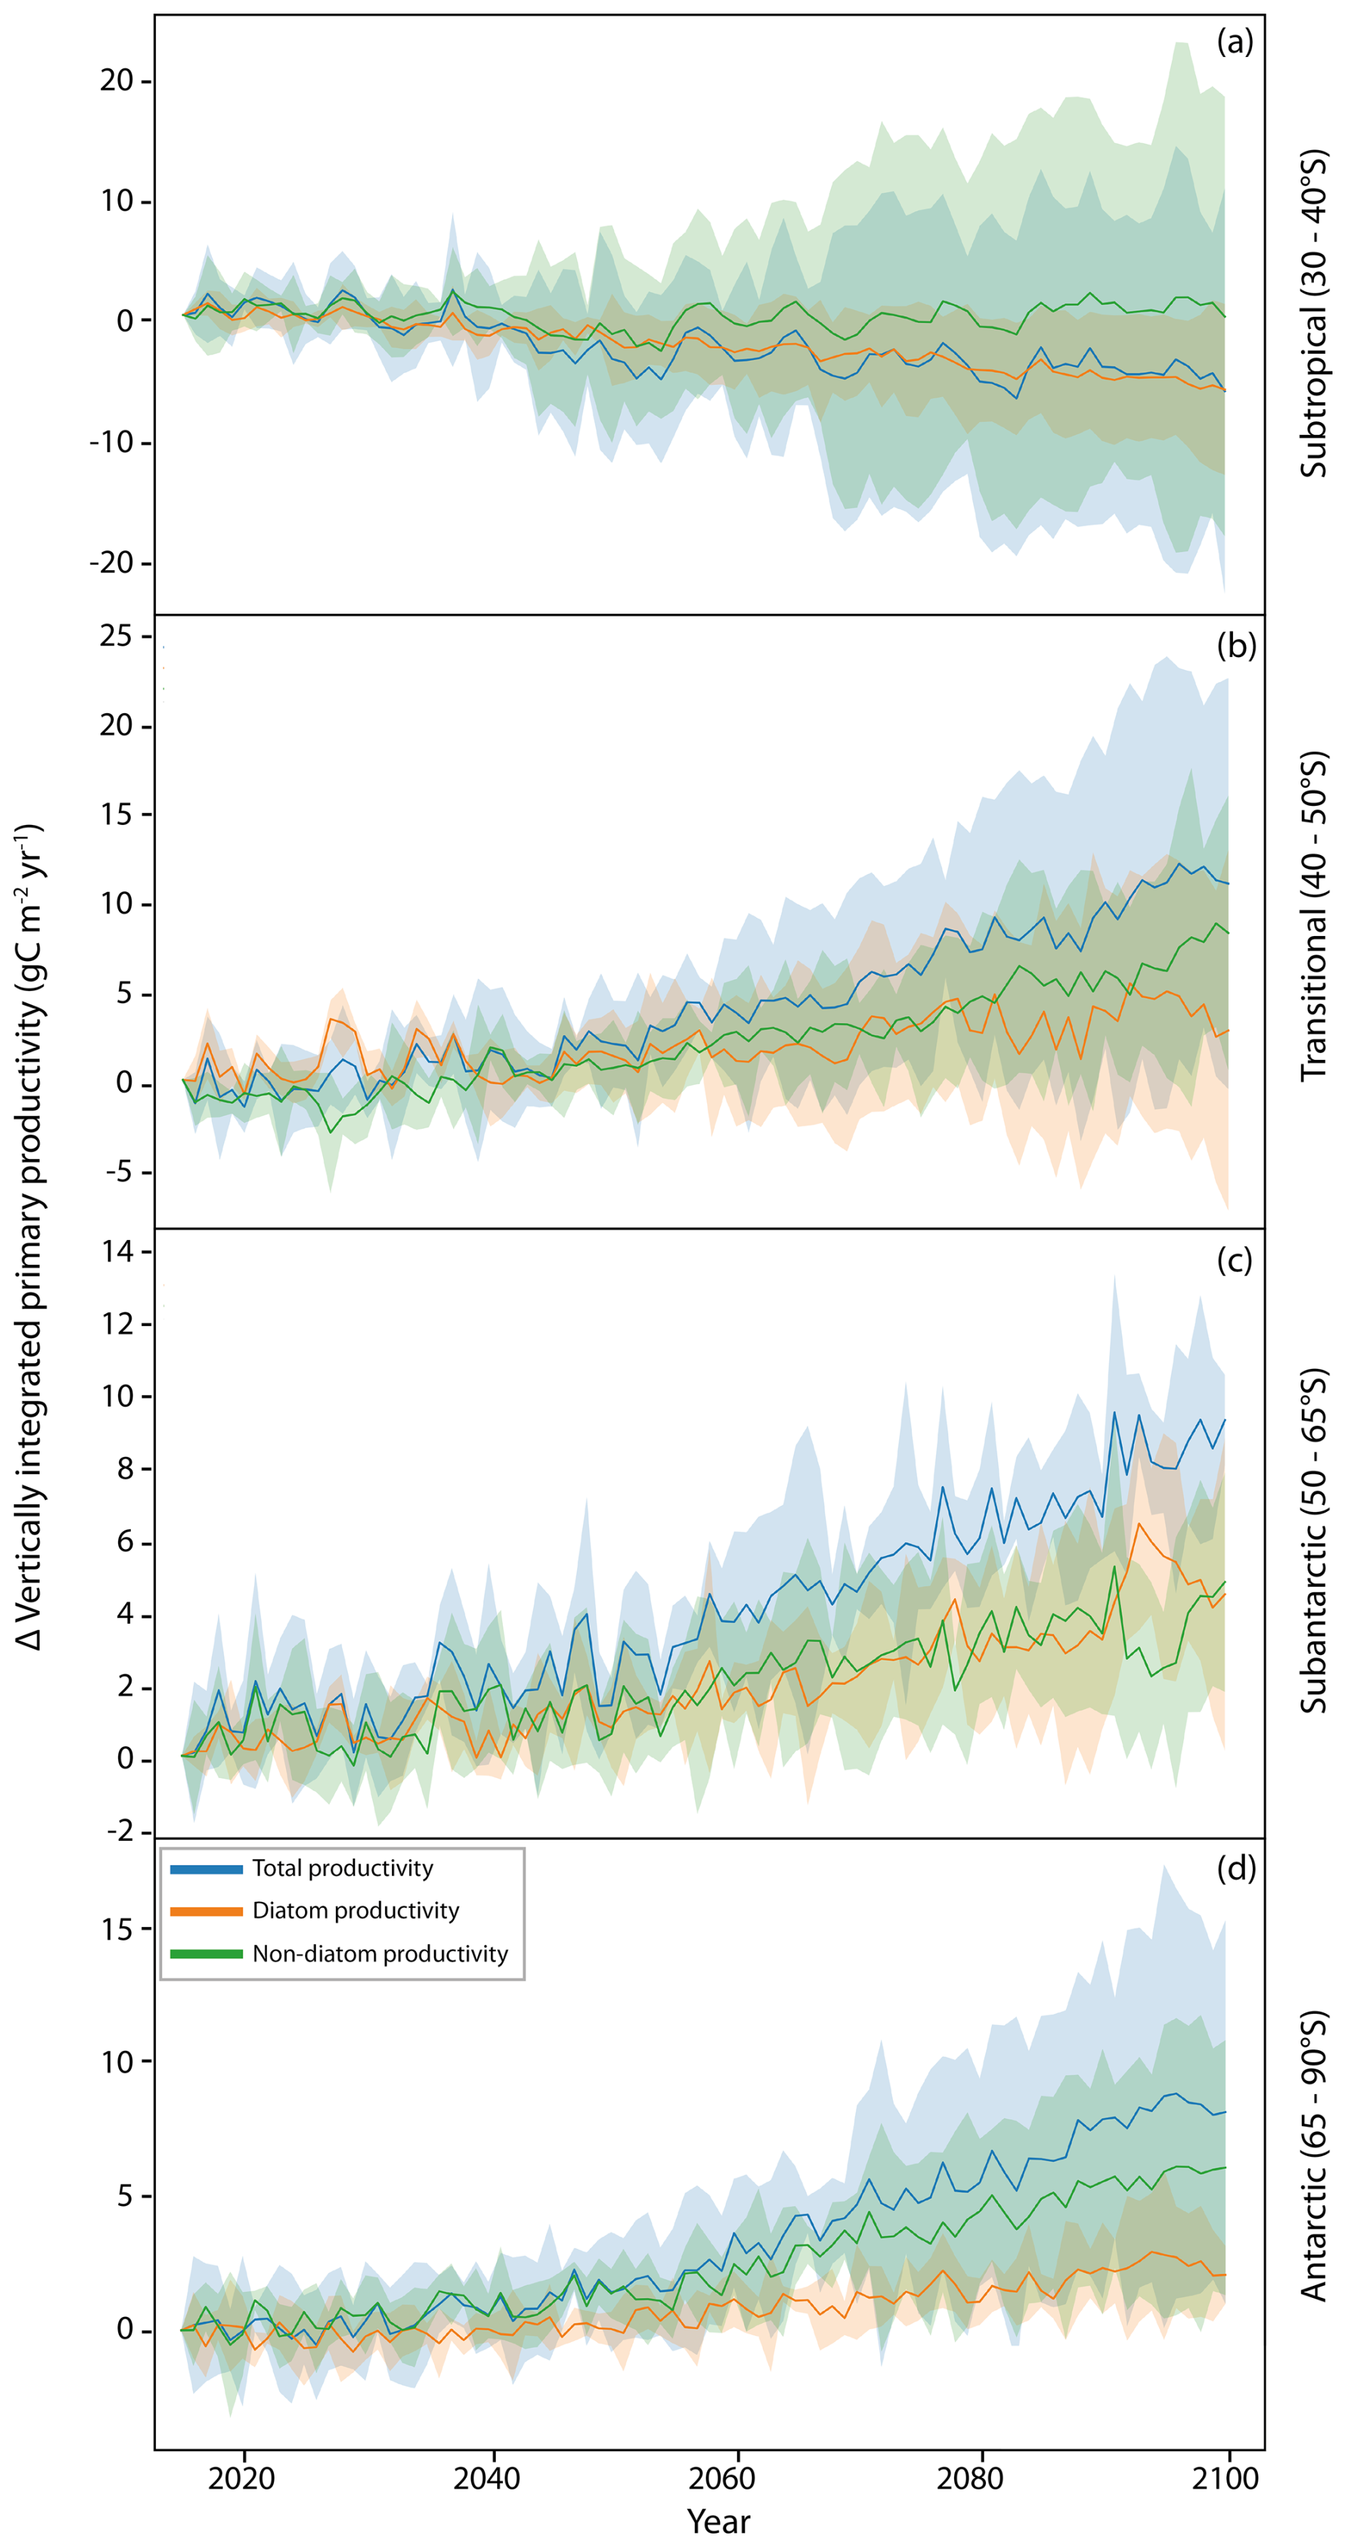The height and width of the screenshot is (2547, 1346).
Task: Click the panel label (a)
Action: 1234,43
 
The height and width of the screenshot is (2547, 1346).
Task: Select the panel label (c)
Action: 1234,1261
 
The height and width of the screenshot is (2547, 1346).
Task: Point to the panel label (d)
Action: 1235,1868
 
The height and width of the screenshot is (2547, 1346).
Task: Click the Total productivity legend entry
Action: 342,1868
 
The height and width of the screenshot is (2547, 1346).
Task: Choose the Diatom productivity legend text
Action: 356,1911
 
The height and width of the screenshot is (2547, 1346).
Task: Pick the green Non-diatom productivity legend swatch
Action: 206,1954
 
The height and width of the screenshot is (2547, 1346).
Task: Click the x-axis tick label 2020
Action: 242,2478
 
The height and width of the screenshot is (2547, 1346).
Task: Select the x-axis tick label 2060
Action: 736,2478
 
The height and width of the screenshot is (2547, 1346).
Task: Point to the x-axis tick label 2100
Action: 1227,2478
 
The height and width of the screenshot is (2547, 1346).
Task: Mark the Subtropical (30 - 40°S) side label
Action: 1313,315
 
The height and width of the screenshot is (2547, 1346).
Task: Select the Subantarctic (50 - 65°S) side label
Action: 1313,1540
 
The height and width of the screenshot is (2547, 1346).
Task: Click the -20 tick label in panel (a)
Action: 111,562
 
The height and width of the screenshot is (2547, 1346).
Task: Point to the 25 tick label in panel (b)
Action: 116,636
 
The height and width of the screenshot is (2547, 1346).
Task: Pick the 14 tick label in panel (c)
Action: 117,1251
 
